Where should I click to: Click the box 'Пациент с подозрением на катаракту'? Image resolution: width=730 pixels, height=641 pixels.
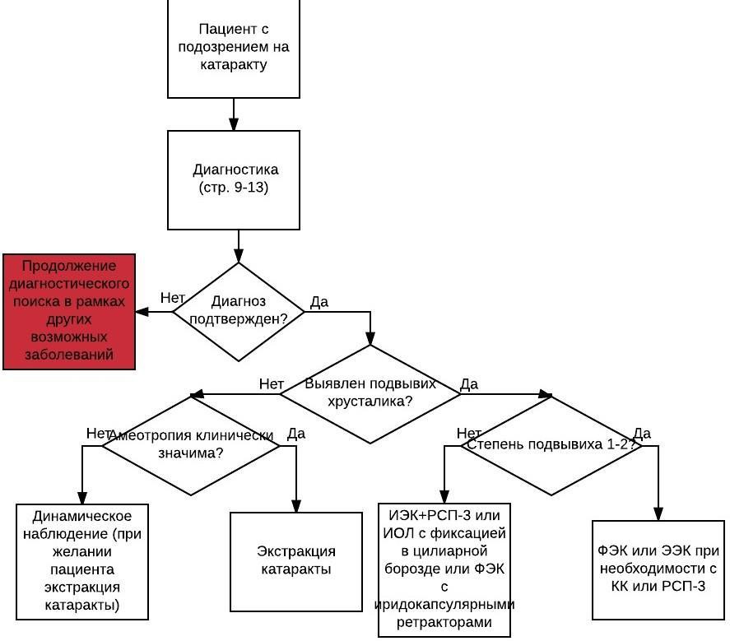(233, 48)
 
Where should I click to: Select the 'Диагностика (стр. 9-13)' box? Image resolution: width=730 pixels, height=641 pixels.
(233, 179)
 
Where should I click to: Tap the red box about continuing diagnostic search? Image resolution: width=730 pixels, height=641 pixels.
(69, 311)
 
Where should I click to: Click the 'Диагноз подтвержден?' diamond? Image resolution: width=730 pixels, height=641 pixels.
(239, 311)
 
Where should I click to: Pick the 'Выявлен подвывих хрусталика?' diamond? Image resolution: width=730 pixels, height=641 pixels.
(370, 394)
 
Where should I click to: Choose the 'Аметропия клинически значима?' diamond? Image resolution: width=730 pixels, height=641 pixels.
(190, 445)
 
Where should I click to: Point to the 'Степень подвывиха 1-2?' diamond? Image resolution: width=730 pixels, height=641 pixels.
(551, 445)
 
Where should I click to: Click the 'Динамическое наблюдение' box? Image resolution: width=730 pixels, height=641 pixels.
(82, 561)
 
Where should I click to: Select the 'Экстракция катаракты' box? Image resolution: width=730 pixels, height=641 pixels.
(296, 561)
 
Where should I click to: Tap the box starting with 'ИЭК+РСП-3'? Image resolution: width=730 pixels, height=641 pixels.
(444, 569)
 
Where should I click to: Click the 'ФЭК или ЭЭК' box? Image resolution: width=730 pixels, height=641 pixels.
(658, 569)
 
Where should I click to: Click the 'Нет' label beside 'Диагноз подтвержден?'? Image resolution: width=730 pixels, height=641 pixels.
(172, 298)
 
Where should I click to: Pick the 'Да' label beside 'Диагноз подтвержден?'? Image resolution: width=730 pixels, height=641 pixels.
(319, 302)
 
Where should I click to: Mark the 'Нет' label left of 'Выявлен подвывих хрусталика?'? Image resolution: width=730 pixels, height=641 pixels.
(272, 384)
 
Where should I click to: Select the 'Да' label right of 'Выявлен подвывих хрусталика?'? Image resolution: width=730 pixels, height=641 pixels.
(469, 384)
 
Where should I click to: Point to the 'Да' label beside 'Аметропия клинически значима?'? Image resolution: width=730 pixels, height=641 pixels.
(296, 434)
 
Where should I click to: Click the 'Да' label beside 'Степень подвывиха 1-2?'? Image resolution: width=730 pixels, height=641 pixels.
(642, 434)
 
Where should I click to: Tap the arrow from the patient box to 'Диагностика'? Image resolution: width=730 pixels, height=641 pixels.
(234, 114)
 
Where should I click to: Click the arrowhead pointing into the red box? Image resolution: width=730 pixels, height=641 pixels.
(142, 311)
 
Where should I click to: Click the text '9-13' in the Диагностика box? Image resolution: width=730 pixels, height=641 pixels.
(251, 188)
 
